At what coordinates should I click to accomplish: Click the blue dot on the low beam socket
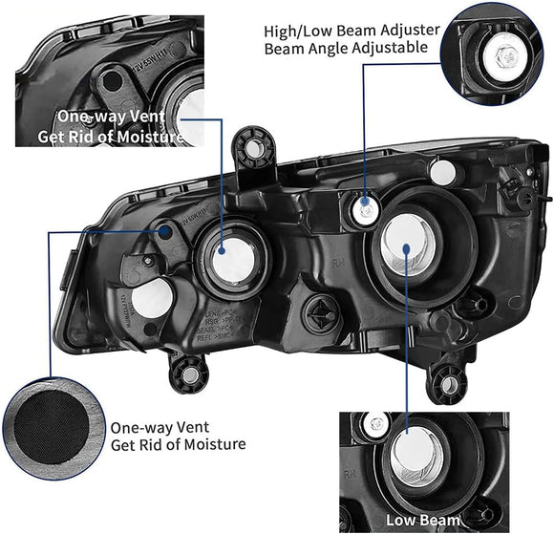click(x=408, y=247)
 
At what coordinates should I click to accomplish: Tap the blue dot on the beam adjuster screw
click(x=365, y=202)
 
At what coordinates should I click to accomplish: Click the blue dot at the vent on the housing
click(x=169, y=231)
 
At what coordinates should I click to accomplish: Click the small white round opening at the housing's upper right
click(x=442, y=171)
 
